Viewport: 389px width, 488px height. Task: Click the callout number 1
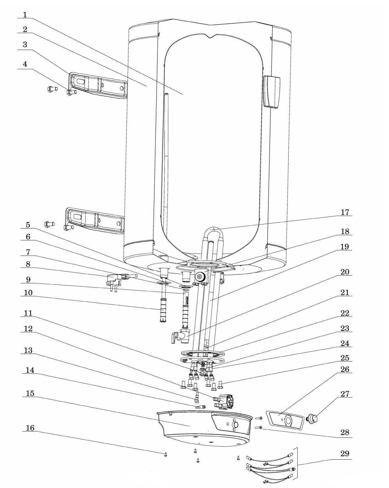(x=25, y=14)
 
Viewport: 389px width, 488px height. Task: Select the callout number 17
(x=345, y=212)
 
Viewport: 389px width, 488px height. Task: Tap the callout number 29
(x=345, y=453)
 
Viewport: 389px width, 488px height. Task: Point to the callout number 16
(x=30, y=428)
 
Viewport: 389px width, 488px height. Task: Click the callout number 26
(x=345, y=369)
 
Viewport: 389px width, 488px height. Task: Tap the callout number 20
(x=345, y=272)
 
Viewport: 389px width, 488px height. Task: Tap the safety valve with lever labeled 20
(x=181, y=336)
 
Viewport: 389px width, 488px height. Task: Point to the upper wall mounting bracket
(x=98, y=85)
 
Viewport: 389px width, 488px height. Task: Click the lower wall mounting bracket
(x=95, y=220)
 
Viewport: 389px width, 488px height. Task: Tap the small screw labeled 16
(x=166, y=454)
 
